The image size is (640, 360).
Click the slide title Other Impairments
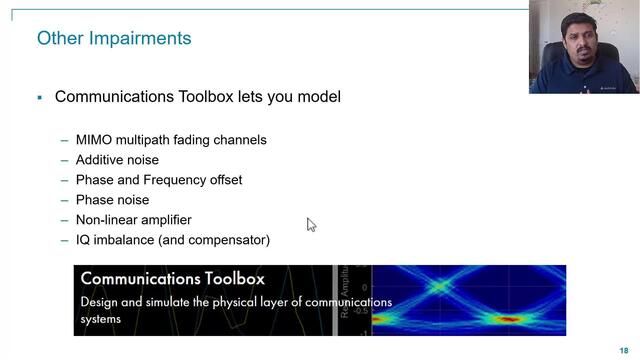point(114,39)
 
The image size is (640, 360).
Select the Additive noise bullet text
point(117,160)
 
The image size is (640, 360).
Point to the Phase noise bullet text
point(112,200)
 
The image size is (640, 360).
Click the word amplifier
point(162,220)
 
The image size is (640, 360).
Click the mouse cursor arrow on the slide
point(311,225)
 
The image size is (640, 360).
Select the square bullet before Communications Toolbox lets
point(39,98)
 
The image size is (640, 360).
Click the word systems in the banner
point(101,319)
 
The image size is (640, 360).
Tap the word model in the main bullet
point(318,97)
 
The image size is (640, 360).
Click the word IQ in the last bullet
point(84,240)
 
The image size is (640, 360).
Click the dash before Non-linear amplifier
point(65,220)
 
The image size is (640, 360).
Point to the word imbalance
point(127,240)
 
